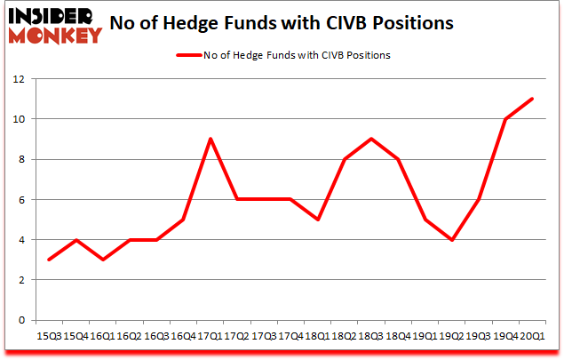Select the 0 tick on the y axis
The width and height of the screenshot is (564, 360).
[20, 320]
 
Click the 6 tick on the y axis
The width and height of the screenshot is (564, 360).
[20, 199]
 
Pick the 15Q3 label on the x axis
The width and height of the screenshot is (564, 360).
[50, 336]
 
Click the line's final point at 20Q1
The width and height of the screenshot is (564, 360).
[532, 99]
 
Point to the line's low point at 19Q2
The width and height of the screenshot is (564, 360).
[453, 239]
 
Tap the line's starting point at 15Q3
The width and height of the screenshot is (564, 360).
[50, 260]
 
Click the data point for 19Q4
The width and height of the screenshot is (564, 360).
[505, 119]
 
